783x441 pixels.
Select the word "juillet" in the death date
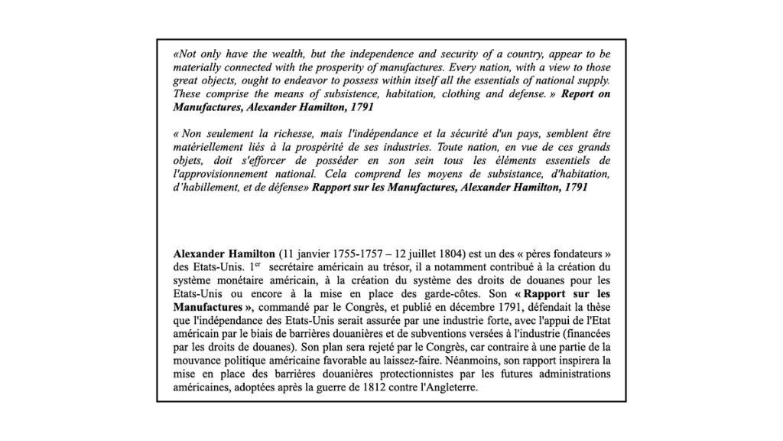[398, 253]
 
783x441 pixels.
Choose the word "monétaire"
[239, 279]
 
